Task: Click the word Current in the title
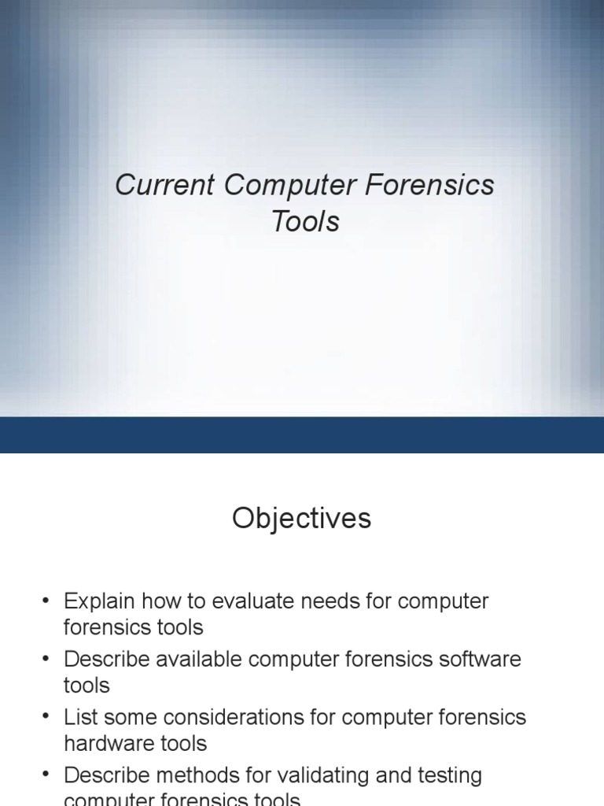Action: coord(164,186)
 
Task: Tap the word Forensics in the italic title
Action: coord(429,186)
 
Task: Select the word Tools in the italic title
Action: coord(305,222)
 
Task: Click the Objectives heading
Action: coord(301,519)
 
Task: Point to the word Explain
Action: coord(96,601)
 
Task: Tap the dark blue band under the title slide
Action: coord(302,434)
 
